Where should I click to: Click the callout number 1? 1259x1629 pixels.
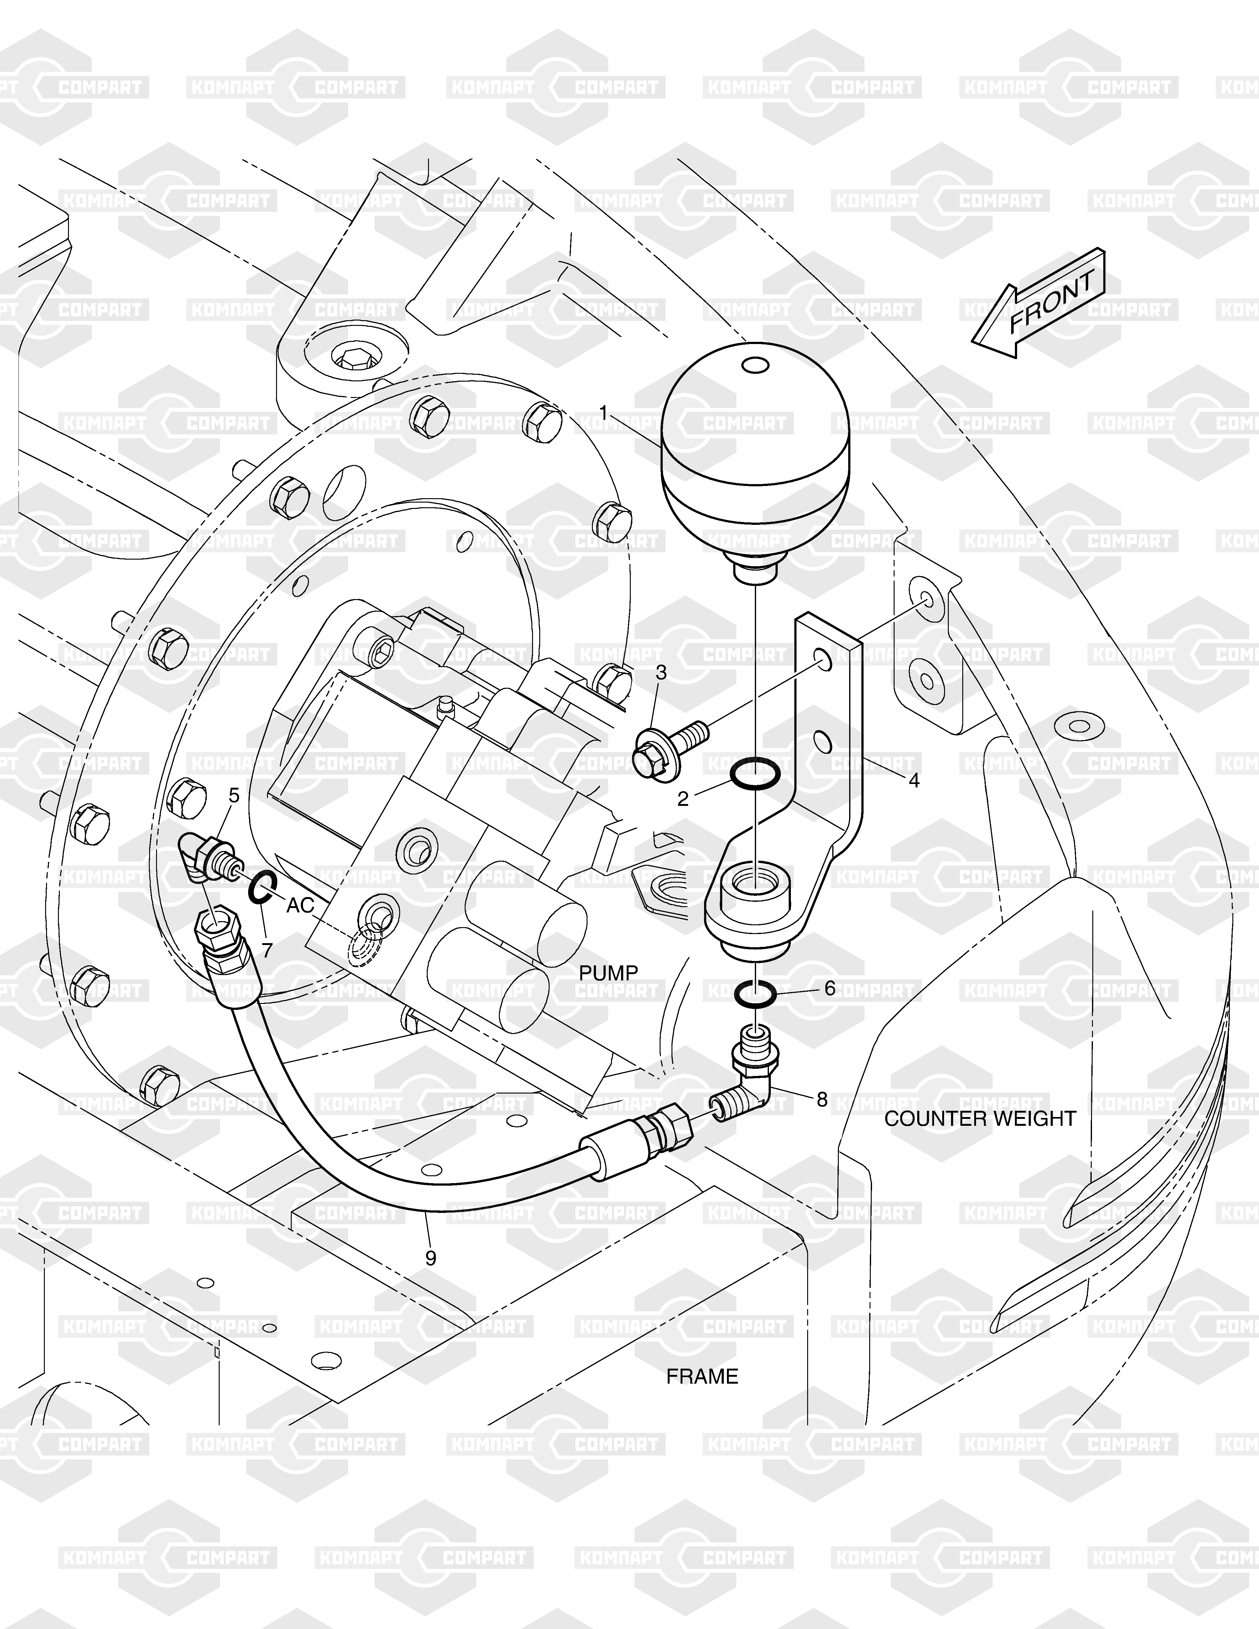603,412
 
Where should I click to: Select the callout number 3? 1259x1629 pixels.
661,673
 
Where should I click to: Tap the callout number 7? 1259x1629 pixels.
267,950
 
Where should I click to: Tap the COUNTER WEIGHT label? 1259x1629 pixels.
980,1140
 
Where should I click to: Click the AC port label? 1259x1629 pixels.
300,906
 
